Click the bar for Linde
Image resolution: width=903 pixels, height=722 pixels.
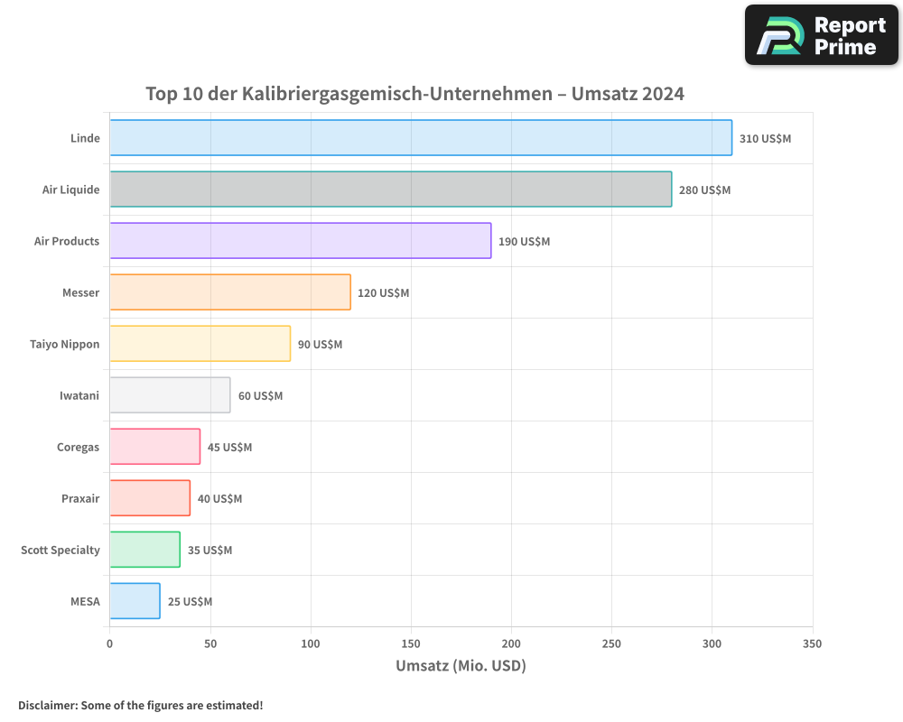421,138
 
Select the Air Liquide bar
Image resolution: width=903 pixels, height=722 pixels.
390,190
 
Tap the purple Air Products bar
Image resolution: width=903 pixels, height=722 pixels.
301,241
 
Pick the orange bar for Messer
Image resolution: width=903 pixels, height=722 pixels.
230,292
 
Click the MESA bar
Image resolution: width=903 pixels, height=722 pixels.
135,601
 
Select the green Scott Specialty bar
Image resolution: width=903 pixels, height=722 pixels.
144,550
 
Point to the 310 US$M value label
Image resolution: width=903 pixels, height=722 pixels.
765,139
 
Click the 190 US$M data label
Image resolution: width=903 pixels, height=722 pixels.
524,242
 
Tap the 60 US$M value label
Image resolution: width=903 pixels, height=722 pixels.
260,396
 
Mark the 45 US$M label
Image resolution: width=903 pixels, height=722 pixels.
229,448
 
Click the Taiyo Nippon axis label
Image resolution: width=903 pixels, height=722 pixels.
65,344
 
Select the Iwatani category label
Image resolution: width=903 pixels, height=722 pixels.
79,395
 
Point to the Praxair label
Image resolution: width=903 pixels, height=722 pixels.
80,498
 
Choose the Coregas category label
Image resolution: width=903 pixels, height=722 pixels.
78,447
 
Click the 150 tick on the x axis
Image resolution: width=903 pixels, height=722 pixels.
411,643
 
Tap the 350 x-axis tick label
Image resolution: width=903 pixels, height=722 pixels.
812,643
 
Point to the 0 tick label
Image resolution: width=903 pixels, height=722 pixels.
110,643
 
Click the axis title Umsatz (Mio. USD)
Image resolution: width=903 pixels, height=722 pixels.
461,666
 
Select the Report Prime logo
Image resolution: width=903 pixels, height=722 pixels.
821,35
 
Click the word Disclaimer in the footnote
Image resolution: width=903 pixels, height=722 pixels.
47,705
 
